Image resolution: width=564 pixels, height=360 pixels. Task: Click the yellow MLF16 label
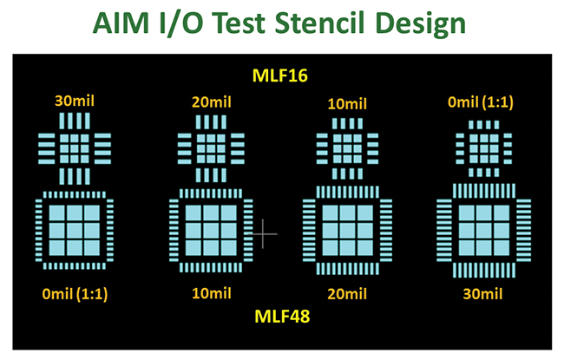click(281, 75)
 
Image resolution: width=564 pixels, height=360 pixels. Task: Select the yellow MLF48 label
click(281, 317)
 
